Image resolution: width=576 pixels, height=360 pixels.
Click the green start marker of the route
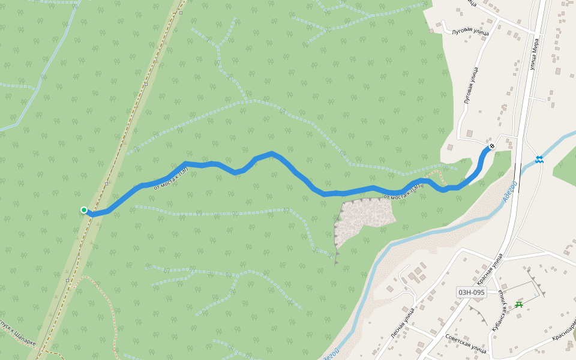[x=84, y=210]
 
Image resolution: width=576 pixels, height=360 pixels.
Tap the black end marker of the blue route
[x=492, y=146]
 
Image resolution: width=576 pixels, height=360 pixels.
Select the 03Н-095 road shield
[x=471, y=293]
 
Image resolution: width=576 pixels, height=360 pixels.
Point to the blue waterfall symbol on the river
[x=540, y=160]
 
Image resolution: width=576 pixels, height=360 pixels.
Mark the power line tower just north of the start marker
[x=107, y=184]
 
